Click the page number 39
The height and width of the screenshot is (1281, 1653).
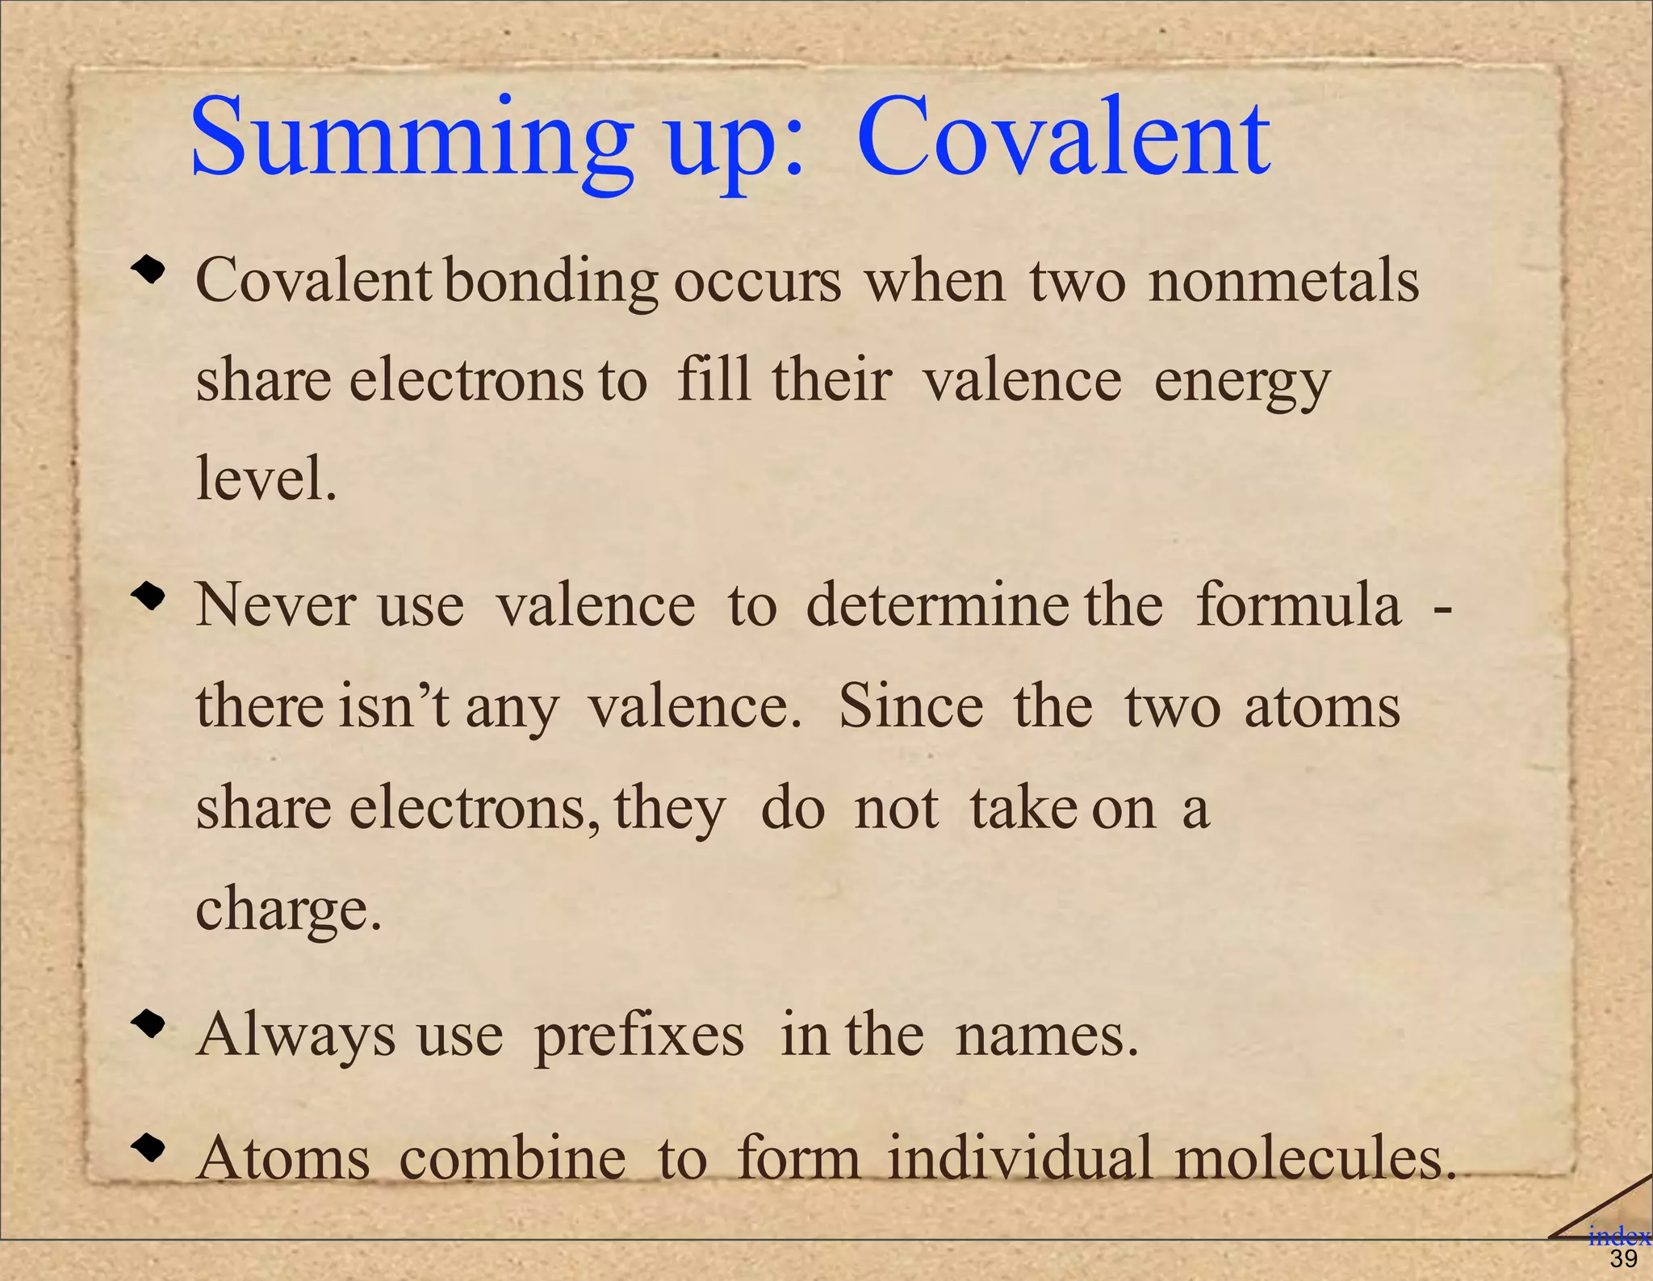pyautogui.click(x=1623, y=1259)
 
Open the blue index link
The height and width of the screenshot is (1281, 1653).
pyautogui.click(x=1618, y=1236)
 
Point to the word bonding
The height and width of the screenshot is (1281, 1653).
pyautogui.click(x=551, y=283)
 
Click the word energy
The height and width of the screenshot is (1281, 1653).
pyautogui.click(x=1241, y=381)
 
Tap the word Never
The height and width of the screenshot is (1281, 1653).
pyautogui.click(x=275, y=605)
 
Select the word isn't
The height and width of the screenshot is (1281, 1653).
pyautogui.click(x=394, y=706)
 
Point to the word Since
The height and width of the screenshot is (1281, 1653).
pyautogui.click(x=911, y=706)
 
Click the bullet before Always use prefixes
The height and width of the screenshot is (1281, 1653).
pyautogui.click(x=149, y=1026)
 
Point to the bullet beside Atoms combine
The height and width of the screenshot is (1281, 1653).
pyautogui.click(x=149, y=1147)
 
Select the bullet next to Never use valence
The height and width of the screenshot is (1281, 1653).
pyautogui.click(x=149, y=598)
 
